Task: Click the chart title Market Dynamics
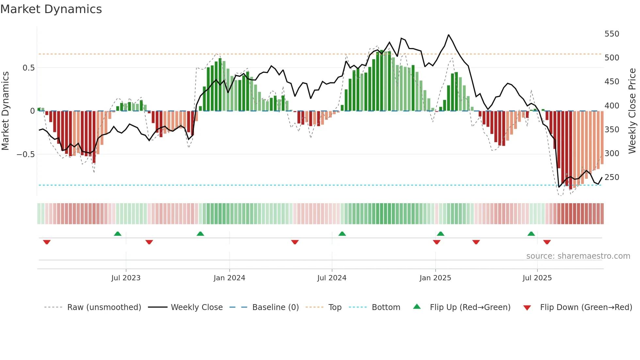(x=51, y=9)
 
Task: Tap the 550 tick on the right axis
(x=612, y=34)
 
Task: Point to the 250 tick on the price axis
(x=612, y=177)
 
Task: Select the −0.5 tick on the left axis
(x=25, y=154)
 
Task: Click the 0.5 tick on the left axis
(x=28, y=68)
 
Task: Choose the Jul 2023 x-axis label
(x=126, y=278)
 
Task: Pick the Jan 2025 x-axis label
(x=435, y=278)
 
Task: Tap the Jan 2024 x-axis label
(x=229, y=278)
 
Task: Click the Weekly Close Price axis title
(x=632, y=111)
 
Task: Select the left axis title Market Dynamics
(x=5, y=111)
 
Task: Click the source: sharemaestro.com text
(x=578, y=256)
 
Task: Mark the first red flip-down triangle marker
(x=47, y=242)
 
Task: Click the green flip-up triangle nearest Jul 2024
(x=342, y=234)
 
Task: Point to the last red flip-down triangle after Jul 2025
(x=547, y=242)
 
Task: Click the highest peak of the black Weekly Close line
(x=448, y=35)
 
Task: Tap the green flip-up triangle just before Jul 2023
(x=118, y=234)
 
